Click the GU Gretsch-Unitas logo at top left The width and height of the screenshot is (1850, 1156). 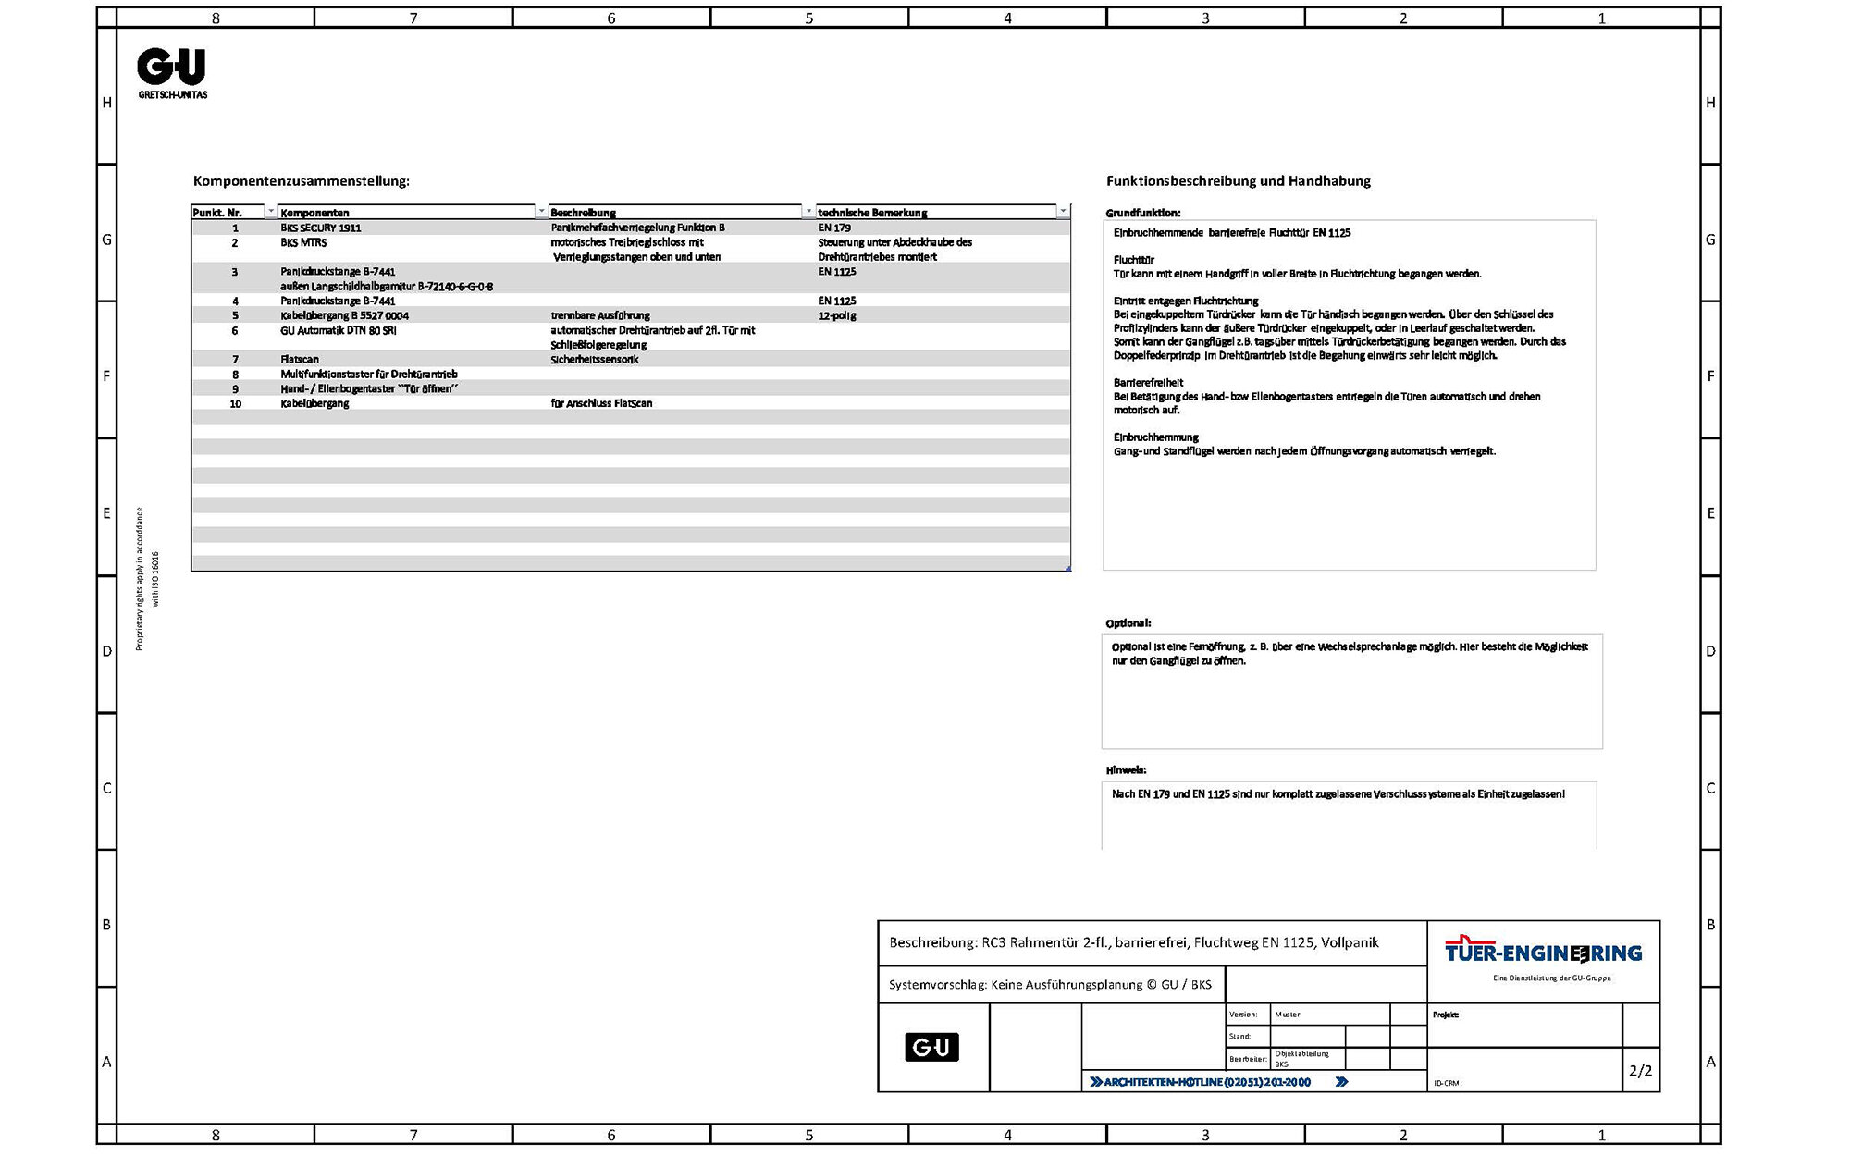point(172,72)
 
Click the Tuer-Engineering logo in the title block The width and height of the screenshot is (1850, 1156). point(1543,953)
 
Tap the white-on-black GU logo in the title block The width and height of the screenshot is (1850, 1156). point(931,1047)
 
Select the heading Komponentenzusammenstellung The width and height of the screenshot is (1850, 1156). point(301,181)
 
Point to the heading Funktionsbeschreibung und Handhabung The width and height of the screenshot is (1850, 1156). point(1238,181)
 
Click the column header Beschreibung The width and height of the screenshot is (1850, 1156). point(583,213)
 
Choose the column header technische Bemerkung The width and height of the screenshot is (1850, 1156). point(872,213)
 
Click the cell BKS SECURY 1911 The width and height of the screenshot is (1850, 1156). point(321,228)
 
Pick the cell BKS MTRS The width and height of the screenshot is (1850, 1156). point(303,242)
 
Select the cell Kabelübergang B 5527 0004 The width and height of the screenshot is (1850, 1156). point(344,315)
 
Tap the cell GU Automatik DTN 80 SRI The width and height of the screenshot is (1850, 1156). point(339,330)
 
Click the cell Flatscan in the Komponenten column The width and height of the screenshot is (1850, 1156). point(300,359)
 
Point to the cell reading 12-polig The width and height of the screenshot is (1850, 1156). point(837,315)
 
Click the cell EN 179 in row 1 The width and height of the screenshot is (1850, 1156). point(834,228)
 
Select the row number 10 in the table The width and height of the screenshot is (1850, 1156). point(235,403)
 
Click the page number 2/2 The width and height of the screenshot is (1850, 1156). point(1640,1071)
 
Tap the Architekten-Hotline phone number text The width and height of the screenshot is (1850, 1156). point(1207,1082)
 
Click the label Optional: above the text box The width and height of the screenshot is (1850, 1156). point(1128,623)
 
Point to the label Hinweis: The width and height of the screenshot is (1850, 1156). point(1126,770)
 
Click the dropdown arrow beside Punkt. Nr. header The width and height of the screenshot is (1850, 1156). point(270,212)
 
